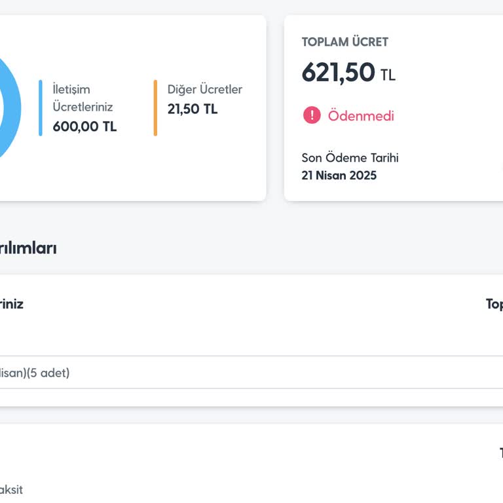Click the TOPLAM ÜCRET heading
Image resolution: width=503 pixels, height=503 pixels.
[x=345, y=42]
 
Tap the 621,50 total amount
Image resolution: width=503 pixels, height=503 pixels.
[x=338, y=73]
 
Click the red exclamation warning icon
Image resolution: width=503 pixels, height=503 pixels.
[x=312, y=115]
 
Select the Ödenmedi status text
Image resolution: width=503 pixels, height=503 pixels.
[x=361, y=116]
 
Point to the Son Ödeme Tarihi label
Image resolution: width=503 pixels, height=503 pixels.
[x=350, y=158]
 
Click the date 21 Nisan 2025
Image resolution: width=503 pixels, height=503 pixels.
[x=339, y=176]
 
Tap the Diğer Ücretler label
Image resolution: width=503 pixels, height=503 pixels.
[x=204, y=90]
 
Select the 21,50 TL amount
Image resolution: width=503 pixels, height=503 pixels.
[x=192, y=109]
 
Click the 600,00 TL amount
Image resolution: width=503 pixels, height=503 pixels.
[x=84, y=126]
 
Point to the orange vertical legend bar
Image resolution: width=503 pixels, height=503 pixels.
[x=155, y=108]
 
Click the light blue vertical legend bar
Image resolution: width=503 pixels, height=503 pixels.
[x=40, y=108]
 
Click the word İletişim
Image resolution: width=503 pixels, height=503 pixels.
[x=71, y=90]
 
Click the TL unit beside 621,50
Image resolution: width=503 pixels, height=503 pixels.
[x=388, y=75]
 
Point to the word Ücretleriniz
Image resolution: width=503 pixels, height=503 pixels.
[x=83, y=107]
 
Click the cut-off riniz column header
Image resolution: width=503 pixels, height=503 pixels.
[x=11, y=304]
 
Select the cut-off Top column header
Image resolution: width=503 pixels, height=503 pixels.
[x=494, y=304]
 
